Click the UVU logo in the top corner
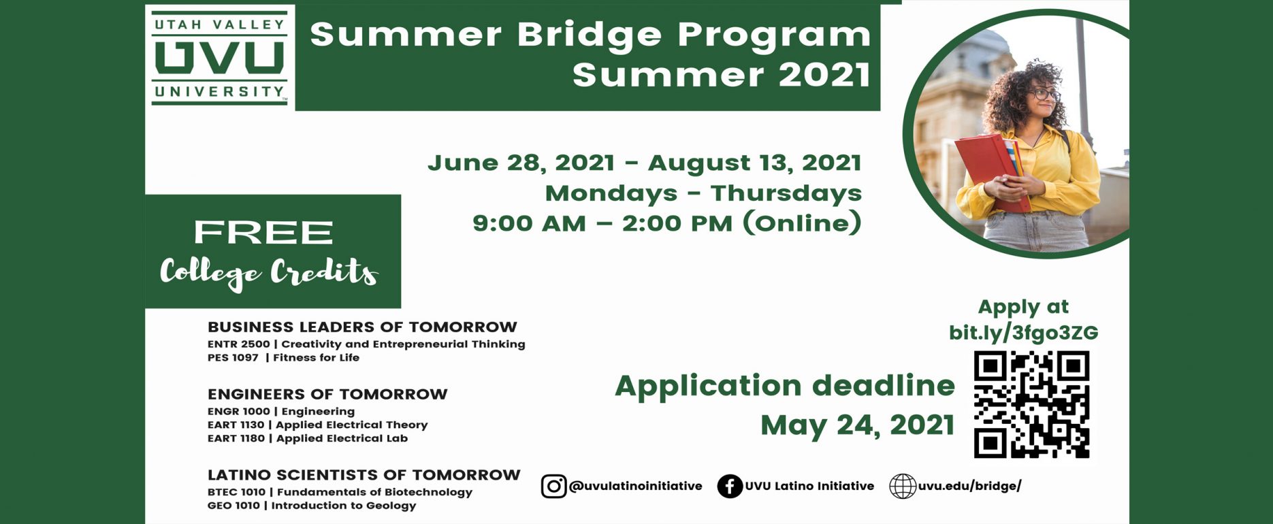click(220, 58)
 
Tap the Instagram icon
click(553, 486)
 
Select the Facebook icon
click(730, 486)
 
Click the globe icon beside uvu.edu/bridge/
click(903, 486)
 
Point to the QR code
click(1031, 404)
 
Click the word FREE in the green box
click(263, 232)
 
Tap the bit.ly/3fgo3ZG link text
click(1023, 332)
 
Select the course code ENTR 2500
click(239, 344)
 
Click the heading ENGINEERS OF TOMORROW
click(327, 394)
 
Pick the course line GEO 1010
click(312, 506)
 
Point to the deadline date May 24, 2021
click(857, 425)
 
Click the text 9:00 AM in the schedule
click(529, 223)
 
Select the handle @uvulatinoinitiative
click(635, 486)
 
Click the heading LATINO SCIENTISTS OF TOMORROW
click(364, 475)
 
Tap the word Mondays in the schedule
click(611, 193)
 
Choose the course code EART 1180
click(236, 438)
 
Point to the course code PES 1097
click(233, 357)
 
